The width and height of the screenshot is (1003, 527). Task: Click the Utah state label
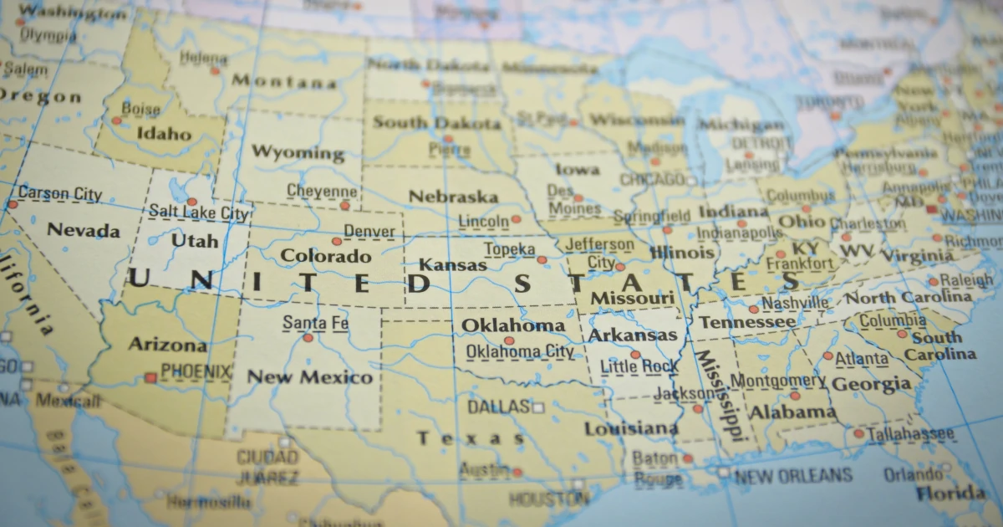click(195, 241)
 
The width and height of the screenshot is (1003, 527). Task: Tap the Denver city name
click(369, 231)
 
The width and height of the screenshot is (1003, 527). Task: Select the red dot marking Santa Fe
click(308, 338)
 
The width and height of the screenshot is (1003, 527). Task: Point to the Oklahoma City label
click(520, 351)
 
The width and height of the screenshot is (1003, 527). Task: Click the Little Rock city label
click(639, 366)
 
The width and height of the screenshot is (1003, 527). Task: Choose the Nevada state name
click(83, 230)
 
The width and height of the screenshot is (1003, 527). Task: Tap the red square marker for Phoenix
click(150, 378)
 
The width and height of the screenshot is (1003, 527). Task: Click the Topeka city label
click(509, 249)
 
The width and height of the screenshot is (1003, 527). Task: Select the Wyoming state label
click(298, 153)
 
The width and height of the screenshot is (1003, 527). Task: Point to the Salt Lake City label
click(199, 213)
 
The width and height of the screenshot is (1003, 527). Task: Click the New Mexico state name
click(309, 377)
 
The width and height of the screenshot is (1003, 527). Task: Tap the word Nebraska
click(453, 197)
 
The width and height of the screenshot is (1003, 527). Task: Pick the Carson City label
click(60, 194)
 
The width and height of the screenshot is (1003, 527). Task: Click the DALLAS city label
click(498, 407)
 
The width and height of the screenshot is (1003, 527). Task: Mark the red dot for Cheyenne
click(344, 205)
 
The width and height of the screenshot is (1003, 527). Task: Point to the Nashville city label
click(795, 303)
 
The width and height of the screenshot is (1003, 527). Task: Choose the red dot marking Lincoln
click(516, 219)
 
